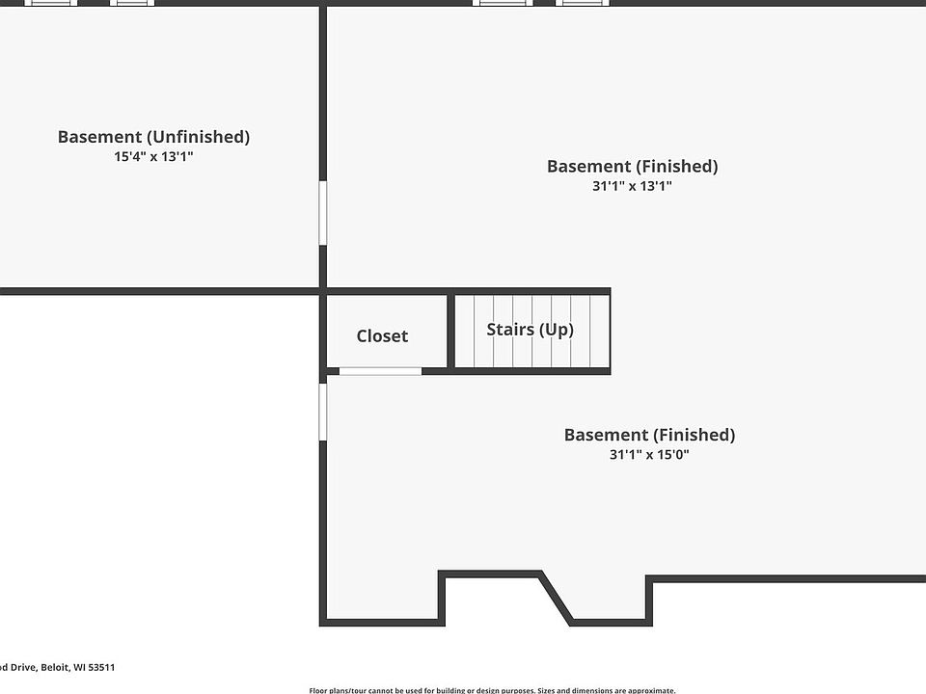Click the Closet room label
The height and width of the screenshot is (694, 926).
(x=382, y=335)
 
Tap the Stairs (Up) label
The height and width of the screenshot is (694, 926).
(x=530, y=330)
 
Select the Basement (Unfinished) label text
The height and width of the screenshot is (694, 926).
(x=153, y=137)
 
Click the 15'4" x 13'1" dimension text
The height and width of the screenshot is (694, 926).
(x=153, y=156)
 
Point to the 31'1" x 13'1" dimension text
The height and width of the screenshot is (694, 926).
(x=632, y=186)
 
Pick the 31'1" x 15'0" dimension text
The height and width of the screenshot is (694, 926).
(x=649, y=455)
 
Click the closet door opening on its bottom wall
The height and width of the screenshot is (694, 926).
(x=380, y=371)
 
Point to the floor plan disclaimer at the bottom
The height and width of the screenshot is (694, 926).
(x=492, y=690)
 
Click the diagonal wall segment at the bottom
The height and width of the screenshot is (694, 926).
(x=556, y=598)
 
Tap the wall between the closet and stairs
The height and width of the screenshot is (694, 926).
(x=450, y=331)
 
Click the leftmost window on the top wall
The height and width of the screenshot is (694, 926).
(x=51, y=3)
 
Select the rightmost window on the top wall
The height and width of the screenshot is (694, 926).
(x=583, y=3)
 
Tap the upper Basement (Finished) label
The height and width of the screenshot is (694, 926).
(x=632, y=166)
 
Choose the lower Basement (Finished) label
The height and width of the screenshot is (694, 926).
(x=649, y=435)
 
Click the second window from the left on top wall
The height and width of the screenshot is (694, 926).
(x=132, y=3)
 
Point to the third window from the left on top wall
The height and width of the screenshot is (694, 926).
(x=503, y=3)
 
